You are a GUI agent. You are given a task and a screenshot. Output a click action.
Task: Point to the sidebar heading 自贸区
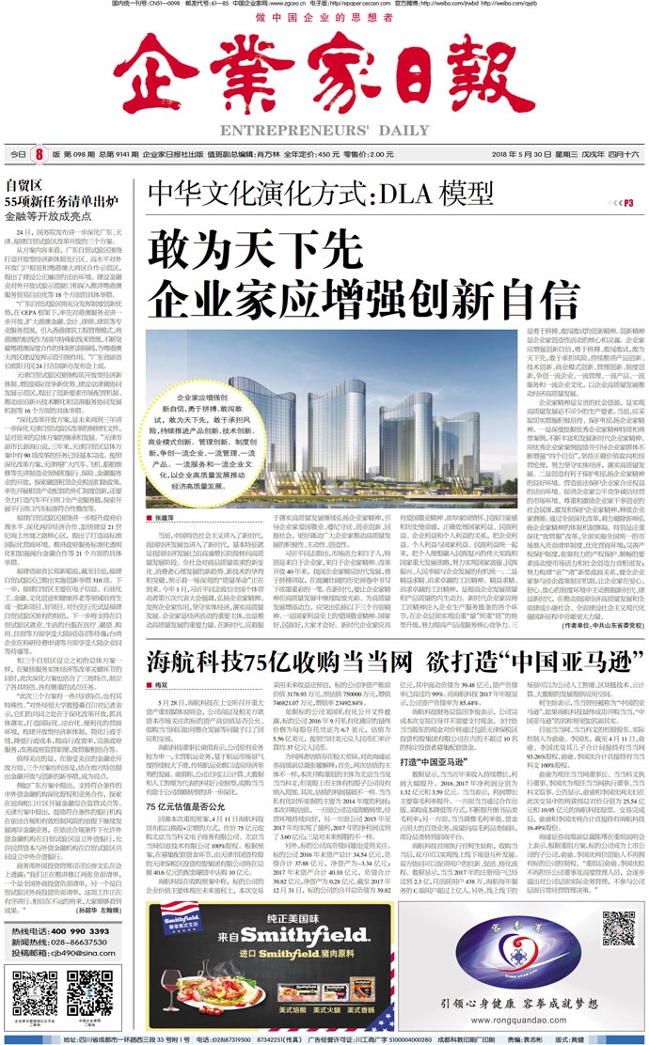tap(24, 184)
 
